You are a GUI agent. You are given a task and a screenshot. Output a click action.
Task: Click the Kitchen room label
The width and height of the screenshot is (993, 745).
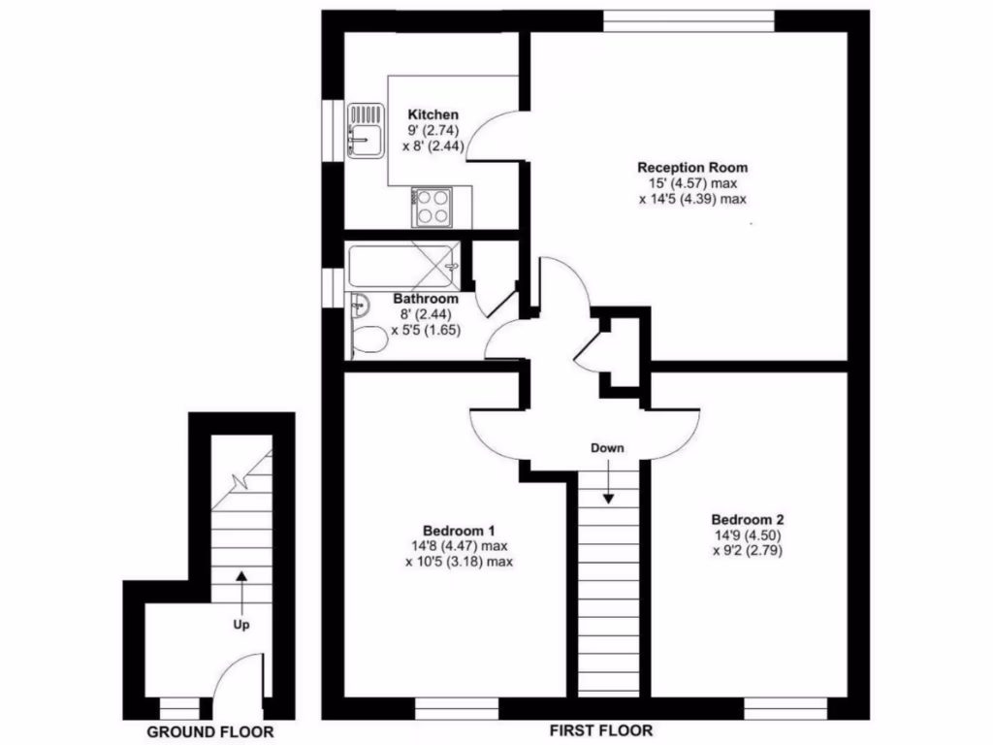(432, 114)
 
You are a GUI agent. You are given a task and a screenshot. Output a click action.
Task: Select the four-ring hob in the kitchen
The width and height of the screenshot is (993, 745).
(432, 206)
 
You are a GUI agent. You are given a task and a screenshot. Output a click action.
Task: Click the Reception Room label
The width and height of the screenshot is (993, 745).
(692, 168)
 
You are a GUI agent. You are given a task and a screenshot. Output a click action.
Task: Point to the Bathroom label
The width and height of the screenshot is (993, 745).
(426, 299)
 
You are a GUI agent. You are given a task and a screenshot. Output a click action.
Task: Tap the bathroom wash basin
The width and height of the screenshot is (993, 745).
(360, 306)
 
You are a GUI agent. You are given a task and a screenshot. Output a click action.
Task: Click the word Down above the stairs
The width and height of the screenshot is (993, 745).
(608, 448)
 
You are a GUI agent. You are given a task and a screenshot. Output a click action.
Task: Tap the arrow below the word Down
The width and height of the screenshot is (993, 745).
(608, 482)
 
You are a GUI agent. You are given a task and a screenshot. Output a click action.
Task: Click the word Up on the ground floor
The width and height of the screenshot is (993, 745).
(241, 625)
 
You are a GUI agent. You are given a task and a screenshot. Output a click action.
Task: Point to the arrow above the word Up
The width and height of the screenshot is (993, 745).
(241, 590)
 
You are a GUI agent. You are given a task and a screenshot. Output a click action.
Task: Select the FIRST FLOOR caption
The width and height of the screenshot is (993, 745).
(601, 730)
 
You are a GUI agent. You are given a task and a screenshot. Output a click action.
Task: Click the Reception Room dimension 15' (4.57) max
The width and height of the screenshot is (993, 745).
(692, 183)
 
